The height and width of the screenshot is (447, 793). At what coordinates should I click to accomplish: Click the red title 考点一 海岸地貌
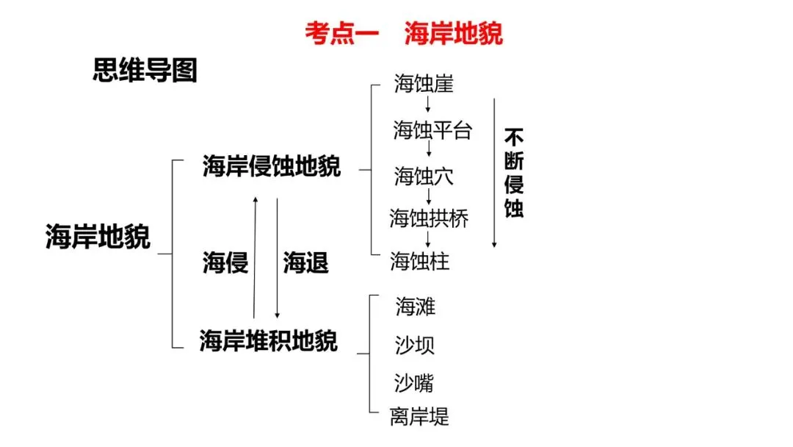pyautogui.click(x=404, y=34)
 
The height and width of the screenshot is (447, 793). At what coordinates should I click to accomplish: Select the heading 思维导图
pyautogui.click(x=145, y=71)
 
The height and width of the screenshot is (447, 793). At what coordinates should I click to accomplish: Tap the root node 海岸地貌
pyautogui.click(x=98, y=237)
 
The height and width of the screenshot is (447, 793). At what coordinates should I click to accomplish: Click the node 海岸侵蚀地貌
pyautogui.click(x=272, y=167)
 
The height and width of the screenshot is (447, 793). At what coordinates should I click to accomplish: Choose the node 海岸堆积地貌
pyautogui.click(x=269, y=341)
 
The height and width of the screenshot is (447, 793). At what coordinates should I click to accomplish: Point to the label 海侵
pyautogui.click(x=225, y=262)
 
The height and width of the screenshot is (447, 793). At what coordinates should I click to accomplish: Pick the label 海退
pyautogui.click(x=305, y=262)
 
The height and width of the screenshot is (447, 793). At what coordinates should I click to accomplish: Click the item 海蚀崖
pyautogui.click(x=424, y=84)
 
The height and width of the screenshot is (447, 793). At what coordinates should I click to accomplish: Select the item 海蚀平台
pyautogui.click(x=432, y=131)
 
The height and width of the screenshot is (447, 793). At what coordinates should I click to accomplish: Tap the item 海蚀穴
pyautogui.click(x=424, y=176)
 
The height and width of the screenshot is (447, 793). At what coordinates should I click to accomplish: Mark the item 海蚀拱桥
pyautogui.click(x=429, y=218)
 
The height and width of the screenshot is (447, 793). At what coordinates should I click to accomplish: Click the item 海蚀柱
pyautogui.click(x=420, y=261)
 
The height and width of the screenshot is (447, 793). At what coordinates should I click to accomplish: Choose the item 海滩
pyautogui.click(x=415, y=306)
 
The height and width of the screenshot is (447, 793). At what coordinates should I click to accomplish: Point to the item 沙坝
pyautogui.click(x=415, y=344)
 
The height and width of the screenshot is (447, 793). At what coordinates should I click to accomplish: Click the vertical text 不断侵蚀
pyautogui.click(x=514, y=174)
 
